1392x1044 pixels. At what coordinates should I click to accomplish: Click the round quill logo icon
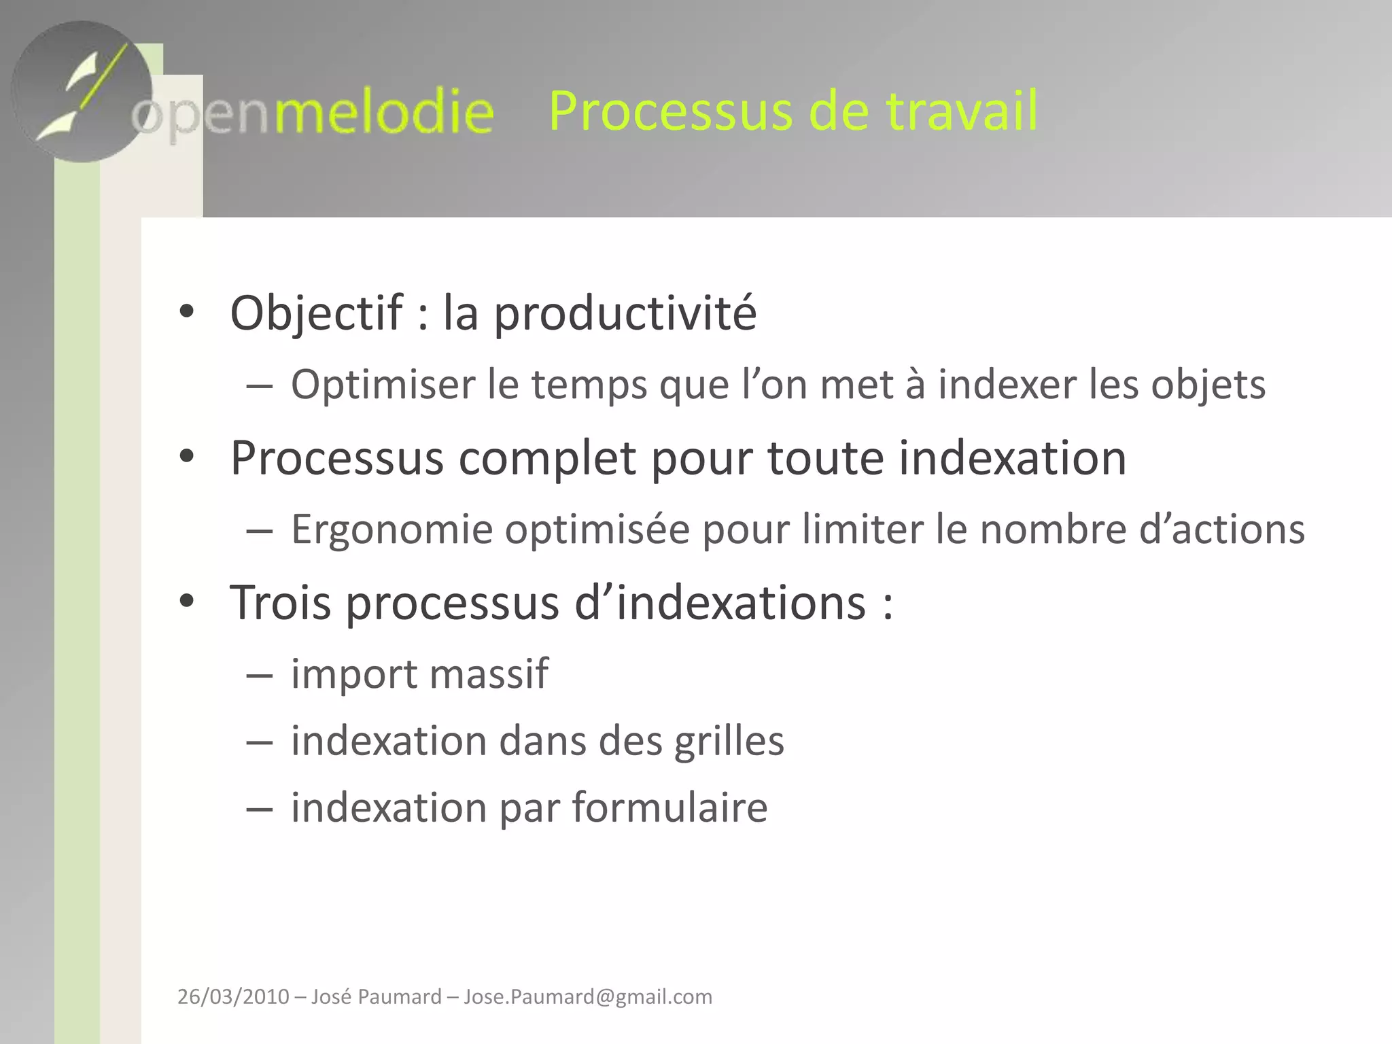82,92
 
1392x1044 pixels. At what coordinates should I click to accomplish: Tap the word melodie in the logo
384,112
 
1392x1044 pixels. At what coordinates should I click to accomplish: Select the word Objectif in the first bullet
317,313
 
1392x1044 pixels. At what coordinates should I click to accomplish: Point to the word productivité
625,313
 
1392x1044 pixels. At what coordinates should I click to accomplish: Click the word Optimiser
383,385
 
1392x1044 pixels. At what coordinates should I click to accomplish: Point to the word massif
488,674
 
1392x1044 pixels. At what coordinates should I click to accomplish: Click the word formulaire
669,807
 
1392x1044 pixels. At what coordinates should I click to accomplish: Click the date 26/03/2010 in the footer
233,997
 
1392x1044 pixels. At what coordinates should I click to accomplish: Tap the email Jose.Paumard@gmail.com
588,997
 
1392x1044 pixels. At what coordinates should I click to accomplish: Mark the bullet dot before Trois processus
187,601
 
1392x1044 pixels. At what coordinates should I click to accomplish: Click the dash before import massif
260,676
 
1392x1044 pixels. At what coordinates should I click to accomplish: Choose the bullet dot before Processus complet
187,456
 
